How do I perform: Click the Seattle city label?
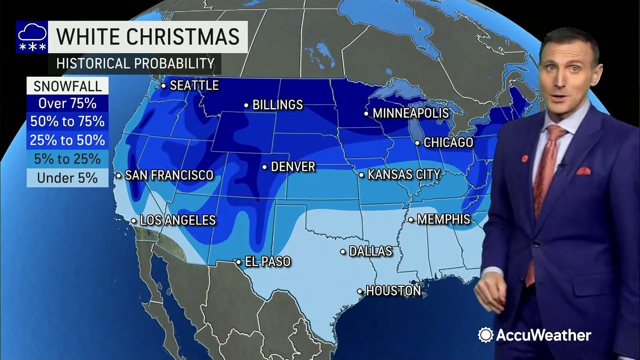coord(194,85)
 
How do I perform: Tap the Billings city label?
coord(277,105)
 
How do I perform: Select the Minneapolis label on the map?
coord(410,113)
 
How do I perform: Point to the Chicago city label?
coord(448,142)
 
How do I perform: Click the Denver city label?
coord(292,166)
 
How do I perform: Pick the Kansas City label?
coord(403,174)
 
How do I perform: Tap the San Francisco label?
coord(168,175)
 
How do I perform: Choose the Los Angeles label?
coord(177,220)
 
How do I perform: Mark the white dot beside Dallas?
coord(343,251)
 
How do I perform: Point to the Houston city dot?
coord(360,291)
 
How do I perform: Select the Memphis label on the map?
coord(443,219)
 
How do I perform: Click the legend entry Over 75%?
coord(67,104)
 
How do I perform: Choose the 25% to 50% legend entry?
coord(67,140)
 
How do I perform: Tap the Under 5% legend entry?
coord(67,177)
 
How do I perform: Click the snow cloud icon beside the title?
coord(32,37)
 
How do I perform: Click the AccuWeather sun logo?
coord(485,334)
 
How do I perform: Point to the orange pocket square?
coord(583,171)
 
